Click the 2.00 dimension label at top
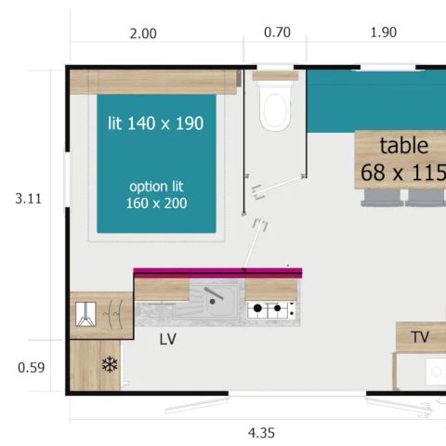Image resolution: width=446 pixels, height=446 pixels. click(x=142, y=33)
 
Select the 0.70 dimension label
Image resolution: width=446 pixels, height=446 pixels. click(x=277, y=33)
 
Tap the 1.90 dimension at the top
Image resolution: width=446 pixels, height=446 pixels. click(x=383, y=33)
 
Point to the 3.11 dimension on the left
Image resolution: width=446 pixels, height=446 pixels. click(x=29, y=198)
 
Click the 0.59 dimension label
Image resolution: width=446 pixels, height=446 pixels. click(x=30, y=367)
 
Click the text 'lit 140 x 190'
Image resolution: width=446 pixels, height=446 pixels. click(x=156, y=123)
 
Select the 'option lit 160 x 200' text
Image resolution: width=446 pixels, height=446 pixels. click(x=156, y=194)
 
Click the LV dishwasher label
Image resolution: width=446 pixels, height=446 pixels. click(x=167, y=340)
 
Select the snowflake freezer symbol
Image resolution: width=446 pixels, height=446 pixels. click(x=110, y=364)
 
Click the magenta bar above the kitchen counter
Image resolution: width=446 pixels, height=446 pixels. click(x=217, y=272)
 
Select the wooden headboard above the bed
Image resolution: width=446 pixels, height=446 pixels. click(x=153, y=82)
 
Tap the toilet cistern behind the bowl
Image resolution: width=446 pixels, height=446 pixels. click(x=275, y=76)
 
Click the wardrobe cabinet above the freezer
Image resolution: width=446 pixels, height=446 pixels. click(x=101, y=315)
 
